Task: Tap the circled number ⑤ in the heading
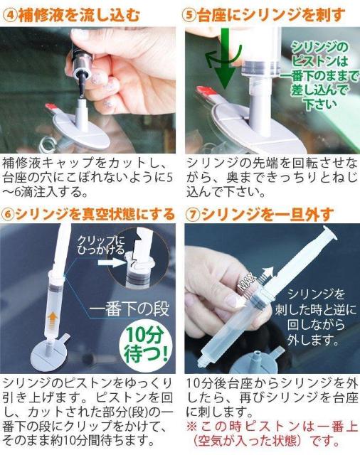189,15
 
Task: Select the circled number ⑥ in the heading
8,214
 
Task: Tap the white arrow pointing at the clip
112,263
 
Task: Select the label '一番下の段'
129,309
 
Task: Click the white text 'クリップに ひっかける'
101,245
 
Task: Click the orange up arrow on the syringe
52,321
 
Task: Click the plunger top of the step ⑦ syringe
329,234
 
